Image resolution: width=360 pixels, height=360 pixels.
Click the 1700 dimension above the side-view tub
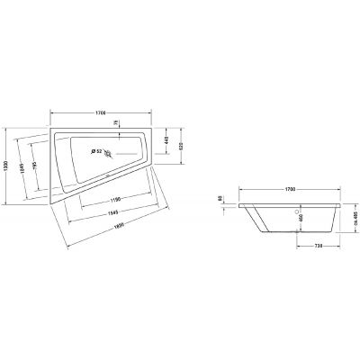pos(290,191)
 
